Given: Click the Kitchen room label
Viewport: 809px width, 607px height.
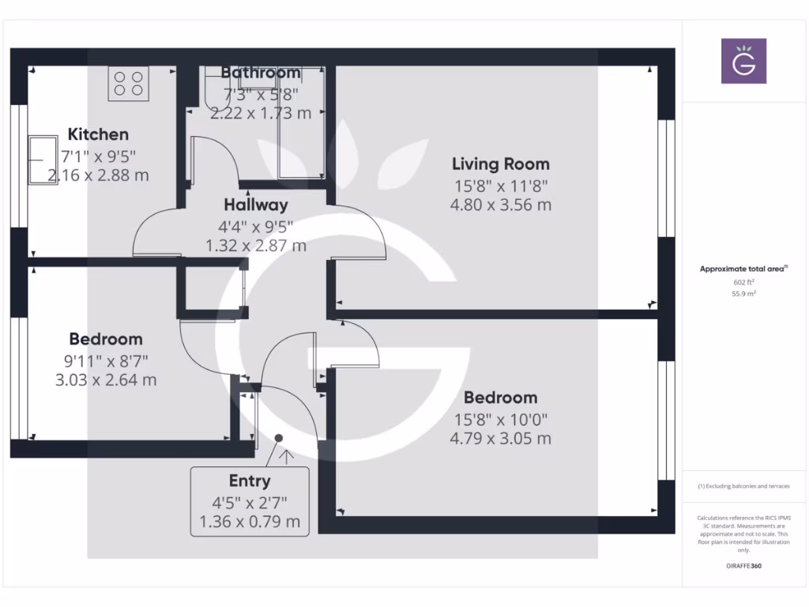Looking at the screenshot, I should point(98,134).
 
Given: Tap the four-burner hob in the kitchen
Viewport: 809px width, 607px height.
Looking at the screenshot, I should point(129,84).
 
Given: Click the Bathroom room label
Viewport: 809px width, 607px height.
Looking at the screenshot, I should point(260,73).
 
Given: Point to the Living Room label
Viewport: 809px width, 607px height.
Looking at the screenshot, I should point(500,164).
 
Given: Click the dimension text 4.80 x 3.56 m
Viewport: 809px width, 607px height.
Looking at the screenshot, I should point(500,205).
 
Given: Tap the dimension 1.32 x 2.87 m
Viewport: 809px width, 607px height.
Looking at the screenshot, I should point(255,246).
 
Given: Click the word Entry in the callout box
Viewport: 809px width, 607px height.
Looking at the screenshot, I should point(250,481).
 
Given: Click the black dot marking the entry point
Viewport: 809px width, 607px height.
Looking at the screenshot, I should point(279,437).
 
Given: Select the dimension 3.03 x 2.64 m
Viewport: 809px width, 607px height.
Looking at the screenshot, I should point(106,380).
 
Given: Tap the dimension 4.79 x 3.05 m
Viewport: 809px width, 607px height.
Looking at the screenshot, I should point(500,439).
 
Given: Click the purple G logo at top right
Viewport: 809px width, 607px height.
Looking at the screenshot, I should point(743,61).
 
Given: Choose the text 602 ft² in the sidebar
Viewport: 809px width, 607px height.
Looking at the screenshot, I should point(743,281).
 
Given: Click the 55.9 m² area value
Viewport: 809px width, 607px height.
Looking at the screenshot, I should point(743,293).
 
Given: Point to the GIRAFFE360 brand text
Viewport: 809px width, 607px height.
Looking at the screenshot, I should point(743,566).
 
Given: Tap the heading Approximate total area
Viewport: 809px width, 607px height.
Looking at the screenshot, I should point(743,269).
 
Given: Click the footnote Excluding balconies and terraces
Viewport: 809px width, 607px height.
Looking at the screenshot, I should point(743,486).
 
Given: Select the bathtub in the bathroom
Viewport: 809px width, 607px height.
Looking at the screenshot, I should point(300,123).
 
